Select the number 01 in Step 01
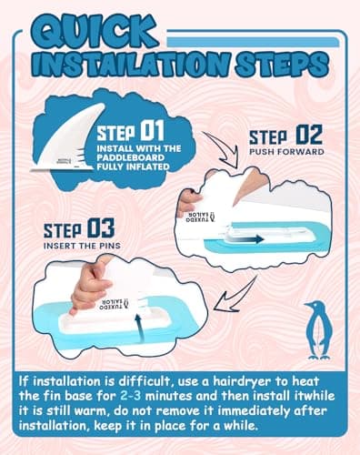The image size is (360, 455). tap(153, 130)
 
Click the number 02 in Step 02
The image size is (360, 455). tap(309, 135)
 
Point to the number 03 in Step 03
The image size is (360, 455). tap(101, 228)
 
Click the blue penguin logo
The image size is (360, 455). tap(318, 330)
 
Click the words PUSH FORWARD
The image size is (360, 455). tap(286, 152)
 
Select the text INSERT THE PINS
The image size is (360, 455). tap(82, 246)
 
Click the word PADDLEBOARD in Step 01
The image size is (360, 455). tap(131, 157)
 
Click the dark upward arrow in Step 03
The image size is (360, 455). tap(138, 328)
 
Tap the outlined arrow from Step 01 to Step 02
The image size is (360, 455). tap(224, 147)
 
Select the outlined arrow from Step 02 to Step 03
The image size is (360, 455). tap(237, 294)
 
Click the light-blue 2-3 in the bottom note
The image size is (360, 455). tap(130, 396)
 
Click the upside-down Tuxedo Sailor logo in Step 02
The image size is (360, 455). tap(200, 217)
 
